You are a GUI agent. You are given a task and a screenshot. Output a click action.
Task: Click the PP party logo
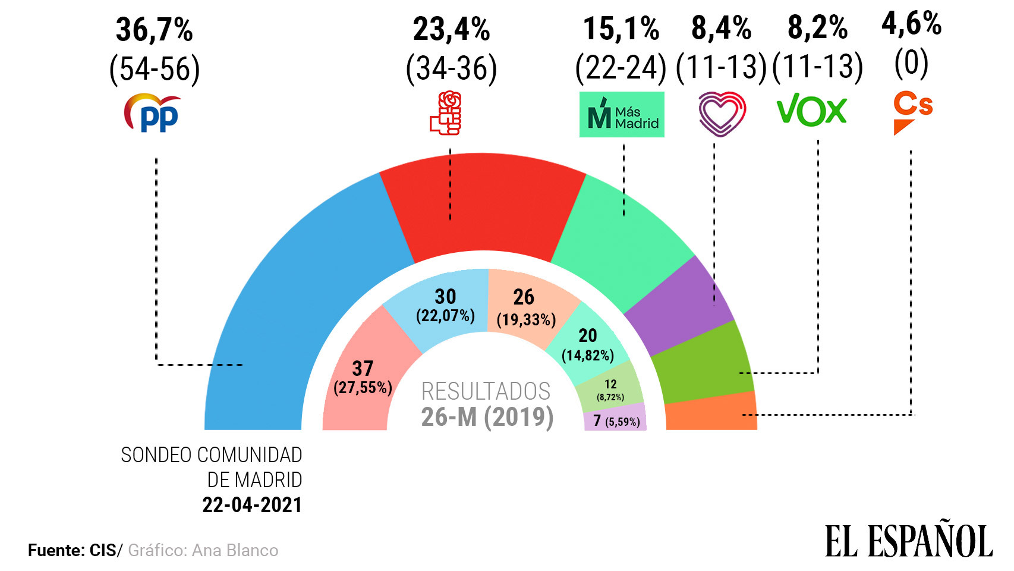point(152,113)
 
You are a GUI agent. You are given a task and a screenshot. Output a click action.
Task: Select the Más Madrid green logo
point(622,114)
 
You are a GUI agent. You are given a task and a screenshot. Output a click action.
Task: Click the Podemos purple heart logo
point(722,113)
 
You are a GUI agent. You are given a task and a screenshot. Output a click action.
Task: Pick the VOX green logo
point(811,111)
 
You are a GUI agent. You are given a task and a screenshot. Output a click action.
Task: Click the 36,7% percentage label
point(155,30)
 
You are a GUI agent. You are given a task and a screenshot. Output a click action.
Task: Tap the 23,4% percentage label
point(452,30)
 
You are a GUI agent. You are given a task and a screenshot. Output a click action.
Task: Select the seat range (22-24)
point(621,67)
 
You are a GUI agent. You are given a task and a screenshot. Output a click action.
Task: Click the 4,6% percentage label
point(911,24)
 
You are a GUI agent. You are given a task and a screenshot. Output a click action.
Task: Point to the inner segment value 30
point(445,297)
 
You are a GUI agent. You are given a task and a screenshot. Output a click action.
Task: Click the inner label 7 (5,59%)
point(615,421)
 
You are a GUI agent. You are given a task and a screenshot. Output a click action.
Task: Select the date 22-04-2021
point(252,505)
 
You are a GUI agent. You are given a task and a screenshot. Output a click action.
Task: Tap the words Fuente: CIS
point(73,551)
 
